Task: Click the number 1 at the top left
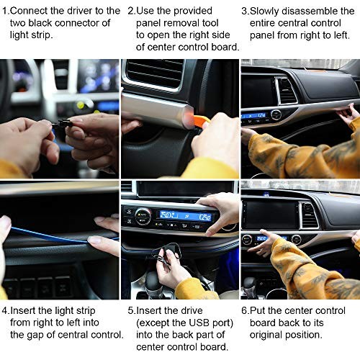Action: click(x=5, y=11)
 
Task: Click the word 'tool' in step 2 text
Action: click(x=216, y=23)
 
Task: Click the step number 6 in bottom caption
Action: click(x=245, y=310)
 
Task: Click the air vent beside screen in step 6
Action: click(x=310, y=214)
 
